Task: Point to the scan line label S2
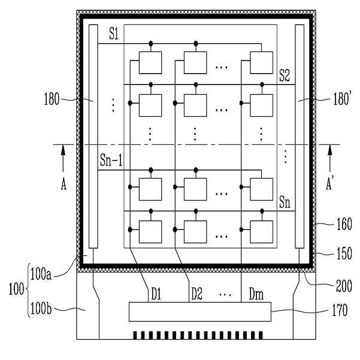pyautogui.click(x=285, y=76)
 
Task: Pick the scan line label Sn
pyautogui.click(x=285, y=204)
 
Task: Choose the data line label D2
pyautogui.click(x=197, y=295)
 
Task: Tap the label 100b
pyautogui.click(x=43, y=310)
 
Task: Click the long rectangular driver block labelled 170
pyautogui.click(x=199, y=311)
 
